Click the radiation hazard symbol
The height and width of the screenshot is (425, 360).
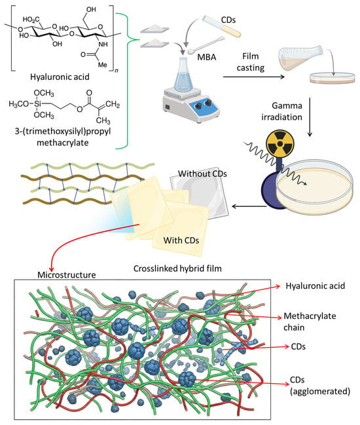click(x=280, y=143)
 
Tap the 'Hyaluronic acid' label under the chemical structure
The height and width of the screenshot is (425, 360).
click(x=60, y=77)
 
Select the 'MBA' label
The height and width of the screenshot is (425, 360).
click(x=207, y=57)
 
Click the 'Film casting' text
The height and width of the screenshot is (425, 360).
click(x=250, y=62)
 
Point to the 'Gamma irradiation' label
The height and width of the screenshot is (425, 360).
click(x=282, y=111)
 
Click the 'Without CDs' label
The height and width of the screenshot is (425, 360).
click(x=202, y=174)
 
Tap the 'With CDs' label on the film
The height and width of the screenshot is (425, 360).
click(x=181, y=240)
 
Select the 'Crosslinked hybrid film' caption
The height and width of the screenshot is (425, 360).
click(x=177, y=268)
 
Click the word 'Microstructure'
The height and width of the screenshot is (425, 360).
click(x=67, y=275)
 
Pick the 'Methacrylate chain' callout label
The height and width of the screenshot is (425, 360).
click(x=310, y=322)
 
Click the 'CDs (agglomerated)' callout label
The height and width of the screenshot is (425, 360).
click(x=320, y=386)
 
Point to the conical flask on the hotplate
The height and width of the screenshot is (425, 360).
click(x=184, y=74)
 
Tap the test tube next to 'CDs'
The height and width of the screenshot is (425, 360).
click(x=222, y=26)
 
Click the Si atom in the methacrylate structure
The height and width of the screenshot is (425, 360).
click(x=37, y=104)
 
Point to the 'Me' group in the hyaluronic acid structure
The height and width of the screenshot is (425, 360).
click(x=102, y=65)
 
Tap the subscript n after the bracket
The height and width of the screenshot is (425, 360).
click(x=117, y=71)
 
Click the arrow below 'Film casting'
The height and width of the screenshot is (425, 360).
click(x=254, y=77)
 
